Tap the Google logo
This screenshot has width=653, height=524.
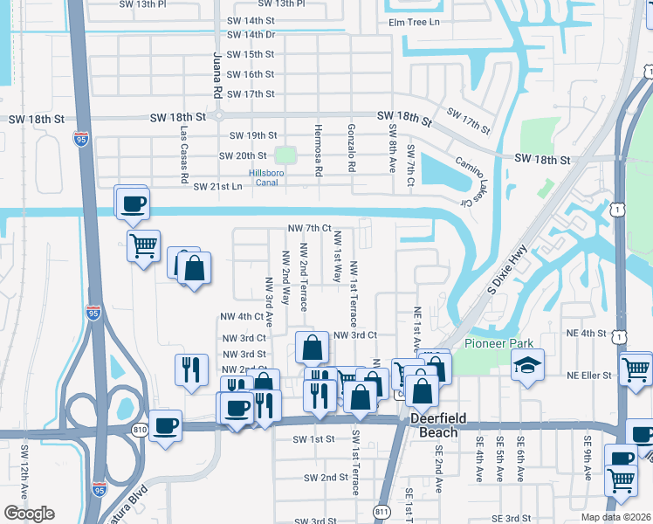tap(28, 514)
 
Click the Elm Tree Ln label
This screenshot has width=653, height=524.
tap(415, 22)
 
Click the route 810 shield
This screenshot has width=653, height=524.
tap(141, 429)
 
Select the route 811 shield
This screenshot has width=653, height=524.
tap(381, 512)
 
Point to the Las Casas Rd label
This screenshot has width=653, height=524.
tap(184, 155)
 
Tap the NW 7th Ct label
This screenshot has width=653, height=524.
tap(310, 228)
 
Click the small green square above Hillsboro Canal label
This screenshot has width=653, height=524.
tap(285, 155)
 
